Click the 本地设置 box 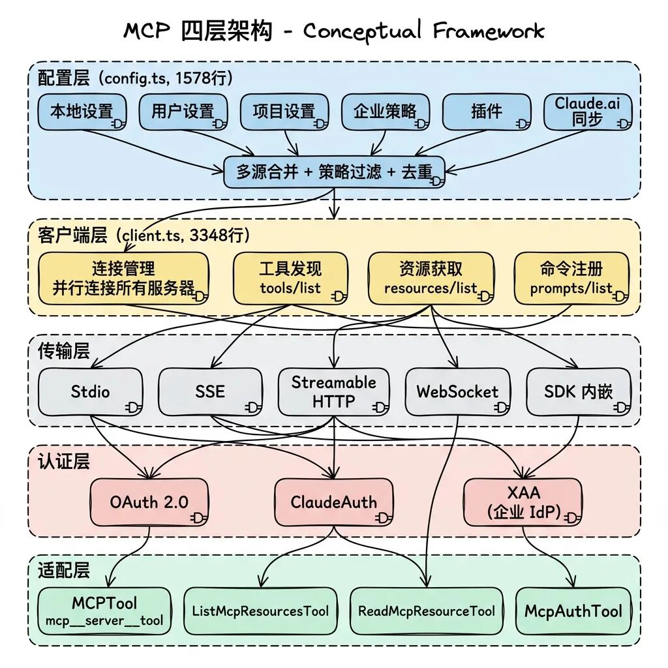(x=82, y=112)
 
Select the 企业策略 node (x=386, y=112)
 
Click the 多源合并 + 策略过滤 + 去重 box (x=334, y=172)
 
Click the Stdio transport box (x=91, y=391)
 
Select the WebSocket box (x=457, y=391)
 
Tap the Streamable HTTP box (x=334, y=391)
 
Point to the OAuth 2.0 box (x=149, y=502)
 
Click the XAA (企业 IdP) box (x=523, y=502)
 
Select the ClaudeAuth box (x=334, y=502)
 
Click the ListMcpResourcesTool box (x=260, y=611)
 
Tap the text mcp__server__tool (x=104, y=621)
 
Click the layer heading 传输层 (x=63, y=352)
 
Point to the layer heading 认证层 (x=63, y=463)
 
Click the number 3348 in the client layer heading (x=206, y=235)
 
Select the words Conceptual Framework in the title (x=423, y=30)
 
